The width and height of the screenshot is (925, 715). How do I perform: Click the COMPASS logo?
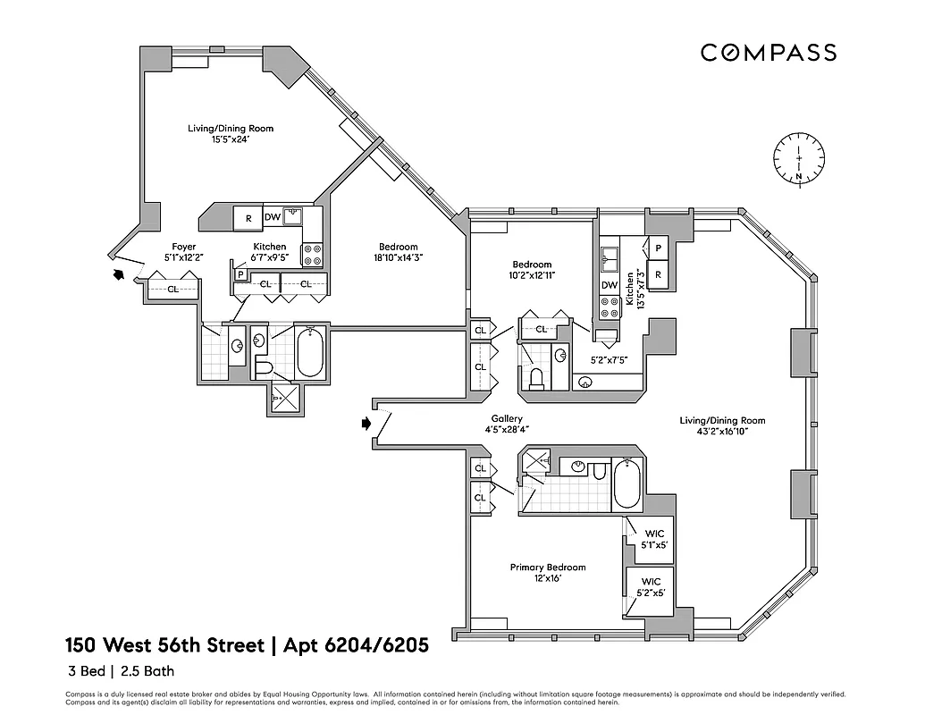[768, 53]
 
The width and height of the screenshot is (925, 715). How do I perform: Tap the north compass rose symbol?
[797, 161]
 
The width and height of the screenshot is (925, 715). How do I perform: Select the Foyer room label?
[184, 247]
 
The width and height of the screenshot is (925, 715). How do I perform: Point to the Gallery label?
[506, 419]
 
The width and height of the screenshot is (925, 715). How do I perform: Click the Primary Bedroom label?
[547, 568]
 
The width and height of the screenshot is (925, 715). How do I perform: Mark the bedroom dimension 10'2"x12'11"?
[532, 276]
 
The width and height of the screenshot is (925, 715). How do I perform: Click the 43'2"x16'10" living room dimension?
[722, 432]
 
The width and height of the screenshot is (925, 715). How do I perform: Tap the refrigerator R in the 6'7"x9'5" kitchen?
[248, 217]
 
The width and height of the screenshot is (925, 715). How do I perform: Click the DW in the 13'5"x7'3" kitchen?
[610, 285]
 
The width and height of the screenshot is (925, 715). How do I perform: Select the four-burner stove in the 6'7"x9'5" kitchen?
[312, 255]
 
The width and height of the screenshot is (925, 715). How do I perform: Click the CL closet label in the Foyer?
[172, 289]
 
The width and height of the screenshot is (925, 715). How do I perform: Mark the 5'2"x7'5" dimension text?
[609, 360]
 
